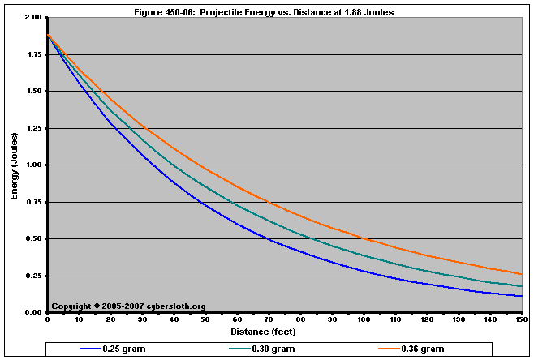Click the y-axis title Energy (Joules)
(x=15, y=165)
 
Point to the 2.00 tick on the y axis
(x=34, y=18)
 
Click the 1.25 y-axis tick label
(x=34, y=128)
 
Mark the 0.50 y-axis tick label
(x=34, y=239)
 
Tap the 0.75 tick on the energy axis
(x=34, y=202)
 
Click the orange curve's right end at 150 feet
(x=520, y=274)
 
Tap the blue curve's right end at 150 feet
(x=520, y=296)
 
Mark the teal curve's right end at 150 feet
(x=520, y=286)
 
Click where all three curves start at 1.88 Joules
(x=48, y=36)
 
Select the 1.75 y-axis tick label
(x=34, y=54)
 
